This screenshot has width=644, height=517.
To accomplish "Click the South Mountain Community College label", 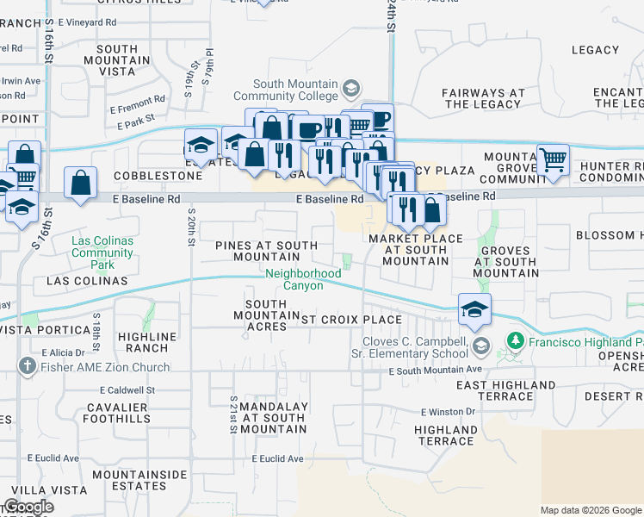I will [288, 90].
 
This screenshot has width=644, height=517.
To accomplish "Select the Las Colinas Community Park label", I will [102, 247].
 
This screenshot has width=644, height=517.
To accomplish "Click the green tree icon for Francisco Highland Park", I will [515, 341].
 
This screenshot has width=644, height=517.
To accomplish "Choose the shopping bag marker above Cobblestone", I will [81, 183].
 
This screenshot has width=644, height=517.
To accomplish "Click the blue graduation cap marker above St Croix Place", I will [474, 309].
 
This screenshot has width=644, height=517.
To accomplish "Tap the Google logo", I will [28, 507].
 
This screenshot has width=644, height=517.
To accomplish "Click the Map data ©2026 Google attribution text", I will [590, 510].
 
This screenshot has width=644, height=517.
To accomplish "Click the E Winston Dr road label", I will [448, 412].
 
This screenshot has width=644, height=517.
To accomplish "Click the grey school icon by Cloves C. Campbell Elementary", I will [480, 346].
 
